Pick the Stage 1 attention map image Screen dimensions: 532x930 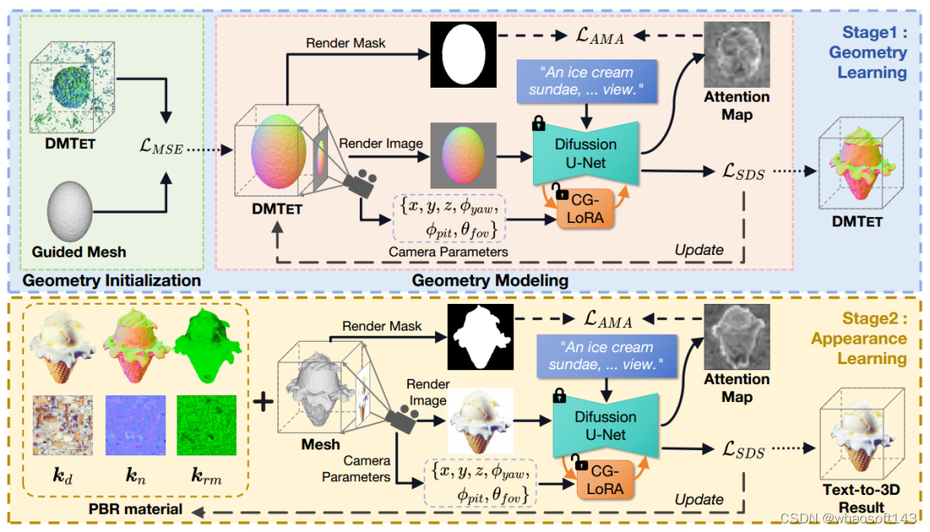pos(736,53)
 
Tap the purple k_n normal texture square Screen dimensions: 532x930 pos(134,425)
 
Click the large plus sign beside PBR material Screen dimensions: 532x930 pos(264,402)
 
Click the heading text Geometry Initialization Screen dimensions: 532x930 pos(112,281)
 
